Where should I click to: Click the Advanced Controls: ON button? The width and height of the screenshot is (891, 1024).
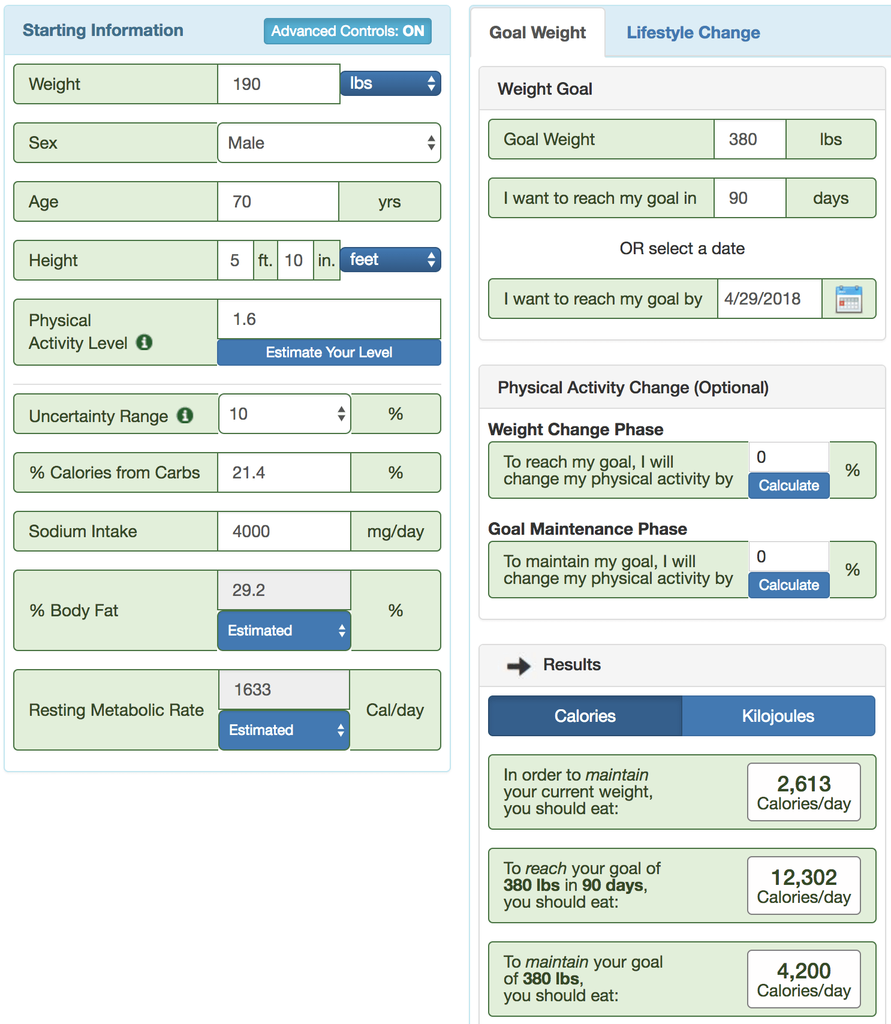tap(347, 31)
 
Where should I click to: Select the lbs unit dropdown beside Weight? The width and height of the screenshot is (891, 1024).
tap(390, 83)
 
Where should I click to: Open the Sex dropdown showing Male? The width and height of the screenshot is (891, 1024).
tap(329, 143)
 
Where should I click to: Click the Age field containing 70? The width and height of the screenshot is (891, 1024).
tap(278, 201)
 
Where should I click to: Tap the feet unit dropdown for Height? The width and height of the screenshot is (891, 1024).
tap(390, 260)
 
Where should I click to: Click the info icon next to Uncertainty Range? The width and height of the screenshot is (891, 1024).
tap(185, 415)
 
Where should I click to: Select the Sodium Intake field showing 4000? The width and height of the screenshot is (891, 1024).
tap(284, 531)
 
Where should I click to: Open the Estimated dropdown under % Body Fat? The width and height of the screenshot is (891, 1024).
tap(284, 630)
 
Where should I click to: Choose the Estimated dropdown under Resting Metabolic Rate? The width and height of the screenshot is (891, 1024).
tap(284, 730)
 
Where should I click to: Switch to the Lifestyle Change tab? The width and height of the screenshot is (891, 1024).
tap(693, 32)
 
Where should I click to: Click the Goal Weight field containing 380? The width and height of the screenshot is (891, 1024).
tap(749, 139)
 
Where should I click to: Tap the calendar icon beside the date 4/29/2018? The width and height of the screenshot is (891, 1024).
tap(848, 299)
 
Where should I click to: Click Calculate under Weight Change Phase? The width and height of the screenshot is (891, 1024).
tap(788, 485)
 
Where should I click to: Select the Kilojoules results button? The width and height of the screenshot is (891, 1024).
tap(778, 716)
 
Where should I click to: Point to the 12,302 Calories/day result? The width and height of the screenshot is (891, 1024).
tap(803, 886)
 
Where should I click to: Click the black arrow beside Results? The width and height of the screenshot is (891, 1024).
tap(519, 665)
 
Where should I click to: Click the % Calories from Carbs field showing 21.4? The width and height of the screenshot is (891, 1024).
tap(284, 472)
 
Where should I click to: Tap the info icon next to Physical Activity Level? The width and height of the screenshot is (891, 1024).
tap(144, 342)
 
